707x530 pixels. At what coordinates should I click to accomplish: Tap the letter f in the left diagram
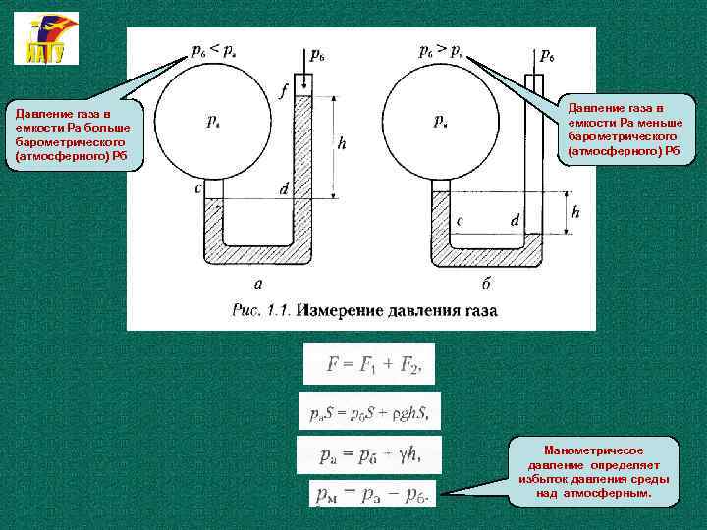pos(284,90)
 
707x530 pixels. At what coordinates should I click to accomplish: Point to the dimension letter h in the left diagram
pos(342,143)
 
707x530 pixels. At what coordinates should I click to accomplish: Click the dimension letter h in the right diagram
pos(575,212)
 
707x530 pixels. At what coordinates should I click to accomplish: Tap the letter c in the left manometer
pos(199,187)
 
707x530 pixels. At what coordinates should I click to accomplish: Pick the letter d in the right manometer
pos(515,221)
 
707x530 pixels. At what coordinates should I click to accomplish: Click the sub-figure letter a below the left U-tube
pos(258,284)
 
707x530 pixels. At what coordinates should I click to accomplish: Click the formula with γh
pos(369,454)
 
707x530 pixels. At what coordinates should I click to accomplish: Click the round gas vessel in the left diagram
pos(213,124)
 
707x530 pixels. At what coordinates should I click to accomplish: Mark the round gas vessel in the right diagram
pos(442,124)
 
